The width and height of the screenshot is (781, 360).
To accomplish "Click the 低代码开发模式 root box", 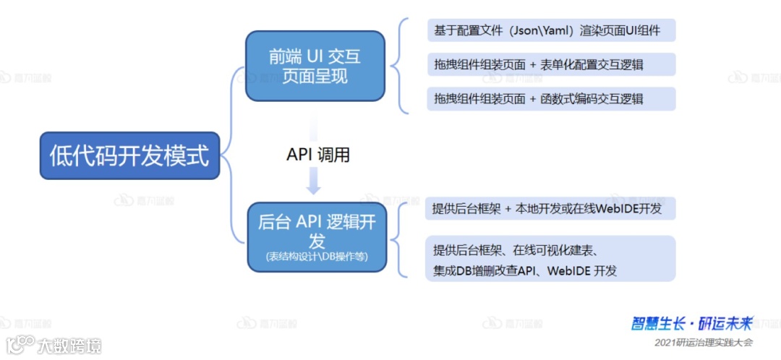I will click(x=129, y=155).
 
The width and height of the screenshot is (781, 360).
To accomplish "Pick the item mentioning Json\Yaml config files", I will click(x=551, y=30).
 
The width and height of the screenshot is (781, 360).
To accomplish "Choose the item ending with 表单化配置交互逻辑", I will click(x=551, y=64).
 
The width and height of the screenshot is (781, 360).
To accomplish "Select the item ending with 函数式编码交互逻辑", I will click(x=551, y=99).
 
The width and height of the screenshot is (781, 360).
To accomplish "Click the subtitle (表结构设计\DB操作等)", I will click(x=317, y=257).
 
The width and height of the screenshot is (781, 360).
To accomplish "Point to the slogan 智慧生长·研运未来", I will click(x=693, y=323).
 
